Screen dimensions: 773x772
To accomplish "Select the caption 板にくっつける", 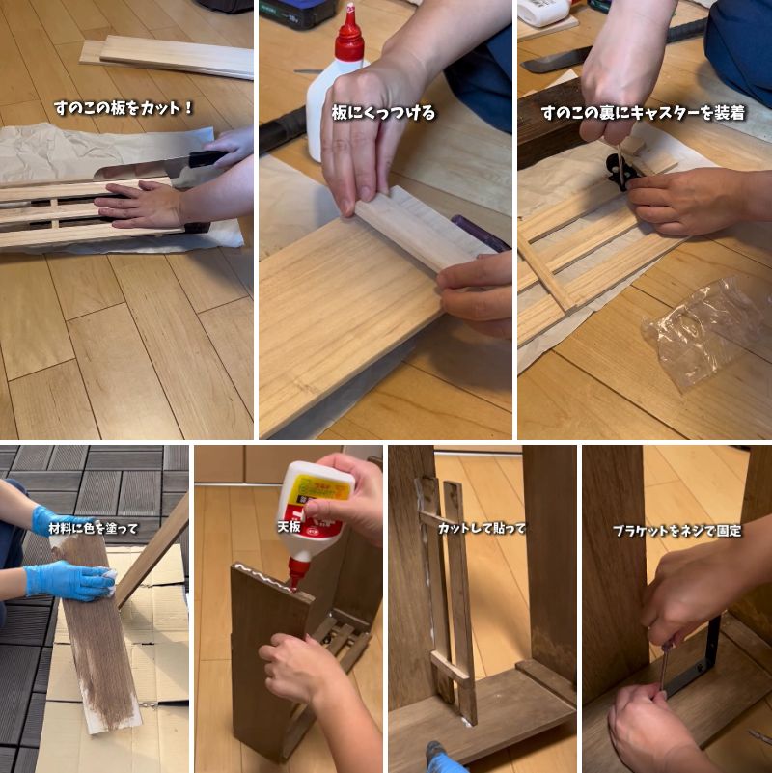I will click(x=383, y=113).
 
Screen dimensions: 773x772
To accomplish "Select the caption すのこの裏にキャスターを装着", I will click(x=643, y=113).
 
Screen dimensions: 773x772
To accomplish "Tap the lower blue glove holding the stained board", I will click(x=69, y=580).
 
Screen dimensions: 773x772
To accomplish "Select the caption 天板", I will click(x=289, y=528).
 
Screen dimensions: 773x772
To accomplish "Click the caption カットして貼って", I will click(x=482, y=528).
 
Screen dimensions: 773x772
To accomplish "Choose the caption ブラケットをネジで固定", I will click(x=675, y=530).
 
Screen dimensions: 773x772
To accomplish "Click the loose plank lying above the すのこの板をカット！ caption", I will click(x=174, y=57).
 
